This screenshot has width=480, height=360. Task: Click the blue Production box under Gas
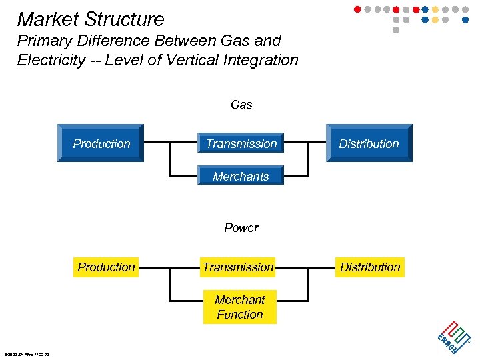pyautogui.click(x=101, y=143)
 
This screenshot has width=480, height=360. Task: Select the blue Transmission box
pyautogui.click(x=241, y=143)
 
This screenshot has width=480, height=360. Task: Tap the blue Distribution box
pyautogui.click(x=369, y=143)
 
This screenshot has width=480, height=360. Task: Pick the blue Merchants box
pyautogui.click(x=241, y=176)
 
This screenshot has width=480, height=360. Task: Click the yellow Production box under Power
pyautogui.click(x=106, y=267)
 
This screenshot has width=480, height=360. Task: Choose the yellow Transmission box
pyautogui.click(x=238, y=267)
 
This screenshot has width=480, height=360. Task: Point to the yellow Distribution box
pyautogui.click(x=370, y=267)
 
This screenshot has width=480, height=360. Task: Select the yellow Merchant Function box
pyautogui.click(x=240, y=307)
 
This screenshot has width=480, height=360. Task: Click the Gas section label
pyautogui.click(x=241, y=105)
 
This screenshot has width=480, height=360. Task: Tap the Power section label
pyautogui.click(x=241, y=228)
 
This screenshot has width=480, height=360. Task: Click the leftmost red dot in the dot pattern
pyautogui.click(x=357, y=9)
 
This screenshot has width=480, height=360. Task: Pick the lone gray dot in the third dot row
pyautogui.click(x=396, y=30)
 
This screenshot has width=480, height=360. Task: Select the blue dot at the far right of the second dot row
pyautogui.click(x=465, y=20)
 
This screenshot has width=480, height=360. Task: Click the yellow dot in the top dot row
pyautogui.click(x=435, y=9)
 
